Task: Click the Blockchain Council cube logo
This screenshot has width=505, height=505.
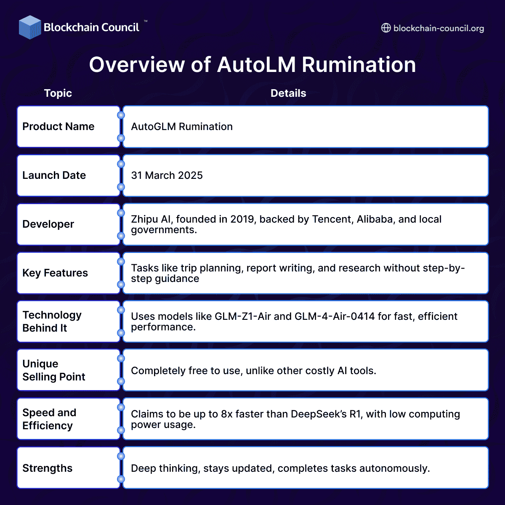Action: coord(30,27)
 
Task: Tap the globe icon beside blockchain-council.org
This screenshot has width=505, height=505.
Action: coord(386,28)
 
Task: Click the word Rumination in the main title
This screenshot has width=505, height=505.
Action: coord(359,65)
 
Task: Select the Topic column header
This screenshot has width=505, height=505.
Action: coord(58,93)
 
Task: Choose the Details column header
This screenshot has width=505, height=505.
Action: coord(288,93)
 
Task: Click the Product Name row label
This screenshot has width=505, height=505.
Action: coord(58,127)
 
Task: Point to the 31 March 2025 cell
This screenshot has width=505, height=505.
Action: coord(167,175)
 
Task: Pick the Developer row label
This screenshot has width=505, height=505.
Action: coord(48,224)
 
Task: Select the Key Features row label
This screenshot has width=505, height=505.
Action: coord(55,273)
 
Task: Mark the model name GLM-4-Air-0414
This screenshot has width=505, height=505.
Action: coord(335,316)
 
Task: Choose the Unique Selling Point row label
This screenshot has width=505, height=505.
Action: coord(54,370)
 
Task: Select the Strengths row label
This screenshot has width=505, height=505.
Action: coord(48,468)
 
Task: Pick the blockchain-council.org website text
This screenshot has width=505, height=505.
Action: coord(439,28)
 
